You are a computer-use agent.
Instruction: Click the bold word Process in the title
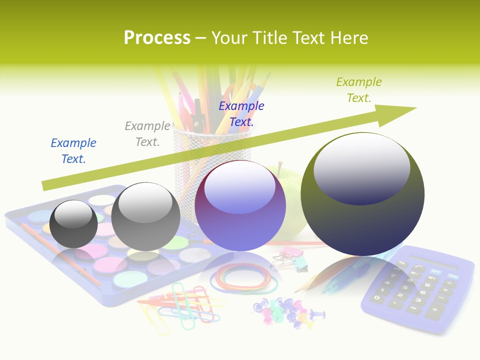point(157,38)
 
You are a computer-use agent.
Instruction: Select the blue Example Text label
point(73,150)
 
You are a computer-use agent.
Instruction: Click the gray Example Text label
point(147,134)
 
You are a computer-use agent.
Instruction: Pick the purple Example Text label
point(241,113)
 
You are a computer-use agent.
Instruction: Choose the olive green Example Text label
point(359,90)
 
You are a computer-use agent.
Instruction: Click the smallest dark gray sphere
point(73,224)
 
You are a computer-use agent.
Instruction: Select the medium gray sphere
point(145,216)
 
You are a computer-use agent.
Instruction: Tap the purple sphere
point(240,205)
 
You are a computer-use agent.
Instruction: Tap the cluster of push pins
point(287,313)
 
